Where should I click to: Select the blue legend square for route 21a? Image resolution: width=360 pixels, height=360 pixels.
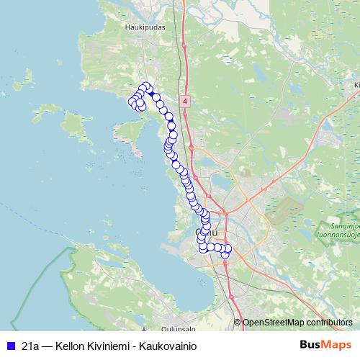click(x=10, y=346)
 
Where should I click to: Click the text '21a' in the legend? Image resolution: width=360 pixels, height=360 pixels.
click(x=30, y=346)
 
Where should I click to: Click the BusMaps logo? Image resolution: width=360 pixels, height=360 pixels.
click(x=325, y=346)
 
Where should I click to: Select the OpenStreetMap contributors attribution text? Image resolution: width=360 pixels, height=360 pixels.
click(x=297, y=323)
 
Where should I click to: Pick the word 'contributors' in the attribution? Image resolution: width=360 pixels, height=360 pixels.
click(x=330, y=323)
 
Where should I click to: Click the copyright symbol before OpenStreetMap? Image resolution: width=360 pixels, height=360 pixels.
click(x=238, y=323)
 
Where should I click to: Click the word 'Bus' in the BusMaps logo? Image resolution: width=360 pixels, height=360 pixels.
click(x=310, y=346)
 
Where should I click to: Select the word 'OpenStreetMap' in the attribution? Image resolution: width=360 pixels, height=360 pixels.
click(x=273, y=323)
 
